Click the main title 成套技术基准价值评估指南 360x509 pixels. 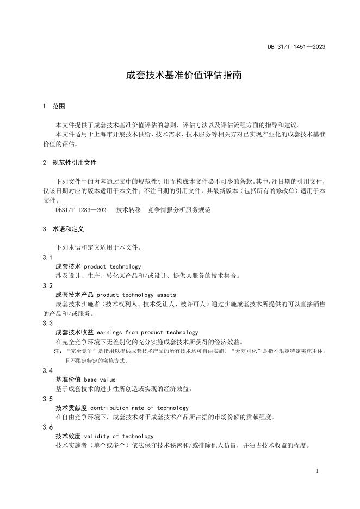tap(184, 76)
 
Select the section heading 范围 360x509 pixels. tap(59, 105)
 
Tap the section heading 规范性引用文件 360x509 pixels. tap(75, 163)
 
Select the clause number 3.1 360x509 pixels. tap(47, 257)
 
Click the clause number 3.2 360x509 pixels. tap(47, 285)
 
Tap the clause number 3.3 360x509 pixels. tap(47, 323)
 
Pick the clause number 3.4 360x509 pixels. tap(47, 370)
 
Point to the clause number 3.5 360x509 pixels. tap(47, 399)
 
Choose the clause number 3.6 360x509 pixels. tap(47, 427)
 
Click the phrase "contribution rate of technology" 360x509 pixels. tap(139, 408)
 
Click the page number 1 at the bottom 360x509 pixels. tap(317, 470)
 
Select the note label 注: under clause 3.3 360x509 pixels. tap(58, 351)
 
